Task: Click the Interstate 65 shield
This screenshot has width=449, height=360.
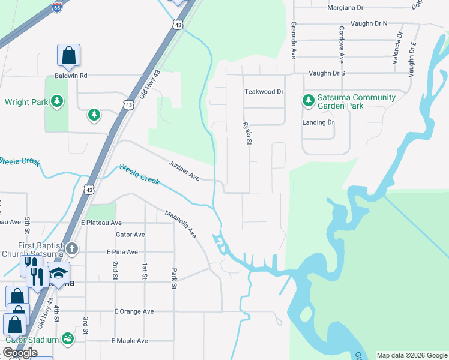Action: tap(56, 7)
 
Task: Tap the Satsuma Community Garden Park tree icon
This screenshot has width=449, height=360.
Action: tap(309, 100)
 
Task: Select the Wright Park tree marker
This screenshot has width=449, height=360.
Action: tap(57, 101)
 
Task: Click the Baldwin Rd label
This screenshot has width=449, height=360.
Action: tap(71, 76)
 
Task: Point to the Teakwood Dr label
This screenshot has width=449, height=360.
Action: tap(264, 92)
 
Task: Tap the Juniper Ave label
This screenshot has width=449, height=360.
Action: tap(184, 170)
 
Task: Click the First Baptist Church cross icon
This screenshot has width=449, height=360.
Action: tap(71, 248)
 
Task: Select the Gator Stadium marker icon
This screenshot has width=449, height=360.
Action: tap(67, 339)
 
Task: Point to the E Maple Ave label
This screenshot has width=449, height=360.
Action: tap(130, 341)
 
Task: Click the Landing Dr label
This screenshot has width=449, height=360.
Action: tap(318, 122)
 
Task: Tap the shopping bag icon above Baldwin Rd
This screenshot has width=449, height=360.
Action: tap(69, 56)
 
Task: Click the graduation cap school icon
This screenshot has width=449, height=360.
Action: tap(59, 274)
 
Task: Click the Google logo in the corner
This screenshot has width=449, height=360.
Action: tap(20, 353)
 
